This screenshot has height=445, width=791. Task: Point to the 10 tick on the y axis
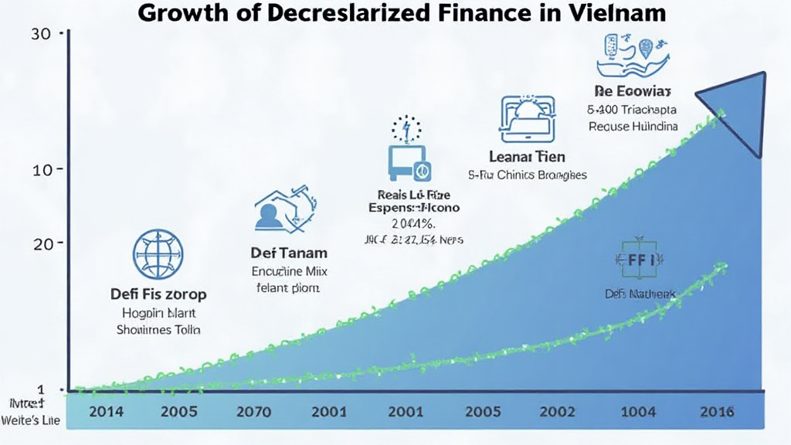(42, 169)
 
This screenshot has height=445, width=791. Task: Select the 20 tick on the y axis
(42, 243)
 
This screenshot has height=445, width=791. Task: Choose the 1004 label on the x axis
(639, 412)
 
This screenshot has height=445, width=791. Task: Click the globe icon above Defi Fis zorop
(158, 254)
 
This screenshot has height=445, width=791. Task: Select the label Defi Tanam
(289, 253)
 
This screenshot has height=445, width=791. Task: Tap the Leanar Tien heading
(528, 156)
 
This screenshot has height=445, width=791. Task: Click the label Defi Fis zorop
(158, 294)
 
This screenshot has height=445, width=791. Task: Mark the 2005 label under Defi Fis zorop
(179, 412)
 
